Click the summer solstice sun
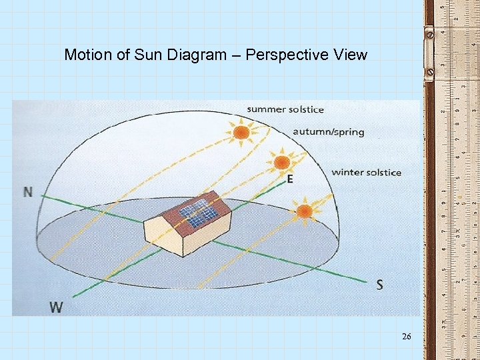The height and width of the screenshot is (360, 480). click(241, 133)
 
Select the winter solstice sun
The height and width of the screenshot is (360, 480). click(304, 211)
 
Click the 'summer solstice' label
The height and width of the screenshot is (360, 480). click(285, 109)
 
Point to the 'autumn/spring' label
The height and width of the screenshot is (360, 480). click(329, 131)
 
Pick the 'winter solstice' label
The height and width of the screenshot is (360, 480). click(367, 172)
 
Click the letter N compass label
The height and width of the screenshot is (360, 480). click(28, 192)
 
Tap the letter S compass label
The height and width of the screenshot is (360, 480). click(379, 285)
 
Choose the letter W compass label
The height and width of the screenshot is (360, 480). click(57, 307)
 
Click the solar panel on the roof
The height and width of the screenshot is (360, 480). click(200, 213)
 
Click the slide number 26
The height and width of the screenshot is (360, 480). click(407, 337)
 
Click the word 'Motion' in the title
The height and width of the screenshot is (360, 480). click(89, 55)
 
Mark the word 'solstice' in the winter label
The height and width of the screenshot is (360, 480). click(382, 172)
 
